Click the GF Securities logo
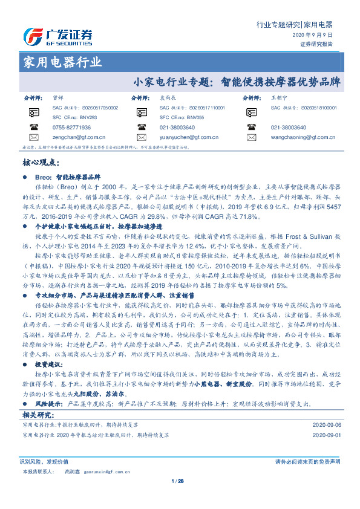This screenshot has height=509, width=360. click(58, 36)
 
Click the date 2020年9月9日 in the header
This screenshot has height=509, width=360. click(317, 36)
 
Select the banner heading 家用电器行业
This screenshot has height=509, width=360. click(62, 62)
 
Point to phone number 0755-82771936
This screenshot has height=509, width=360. click(72, 128)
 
